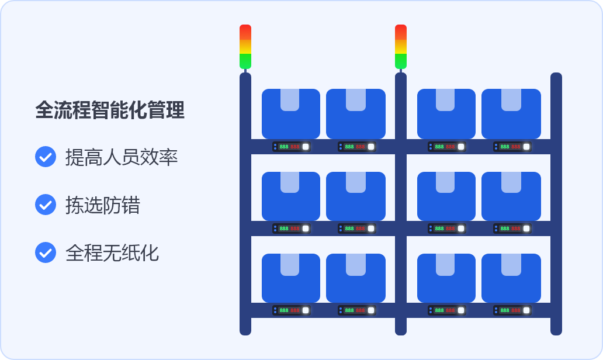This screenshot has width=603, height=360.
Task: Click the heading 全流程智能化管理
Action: [110, 110]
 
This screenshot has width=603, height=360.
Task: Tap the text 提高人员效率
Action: [122, 157]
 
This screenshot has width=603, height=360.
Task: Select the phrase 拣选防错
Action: [103, 205]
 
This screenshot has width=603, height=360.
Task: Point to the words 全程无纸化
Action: [112, 253]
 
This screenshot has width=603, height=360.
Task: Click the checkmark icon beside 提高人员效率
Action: [46, 157]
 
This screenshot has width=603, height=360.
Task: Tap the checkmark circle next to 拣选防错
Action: [46, 205]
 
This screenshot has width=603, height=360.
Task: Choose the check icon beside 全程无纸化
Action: [46, 252]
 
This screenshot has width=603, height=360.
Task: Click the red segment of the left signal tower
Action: [245, 31]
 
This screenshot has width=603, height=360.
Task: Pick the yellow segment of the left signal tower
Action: [245, 46]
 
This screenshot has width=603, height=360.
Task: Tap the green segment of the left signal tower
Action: [245, 61]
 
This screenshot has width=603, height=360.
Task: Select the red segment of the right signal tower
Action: [401, 31]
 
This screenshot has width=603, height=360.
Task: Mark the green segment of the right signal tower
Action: [401, 61]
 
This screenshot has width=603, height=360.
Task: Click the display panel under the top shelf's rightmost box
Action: [511, 147]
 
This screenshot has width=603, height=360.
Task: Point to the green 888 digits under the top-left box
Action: [284, 147]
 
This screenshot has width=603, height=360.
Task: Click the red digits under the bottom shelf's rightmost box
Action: [515, 310]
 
